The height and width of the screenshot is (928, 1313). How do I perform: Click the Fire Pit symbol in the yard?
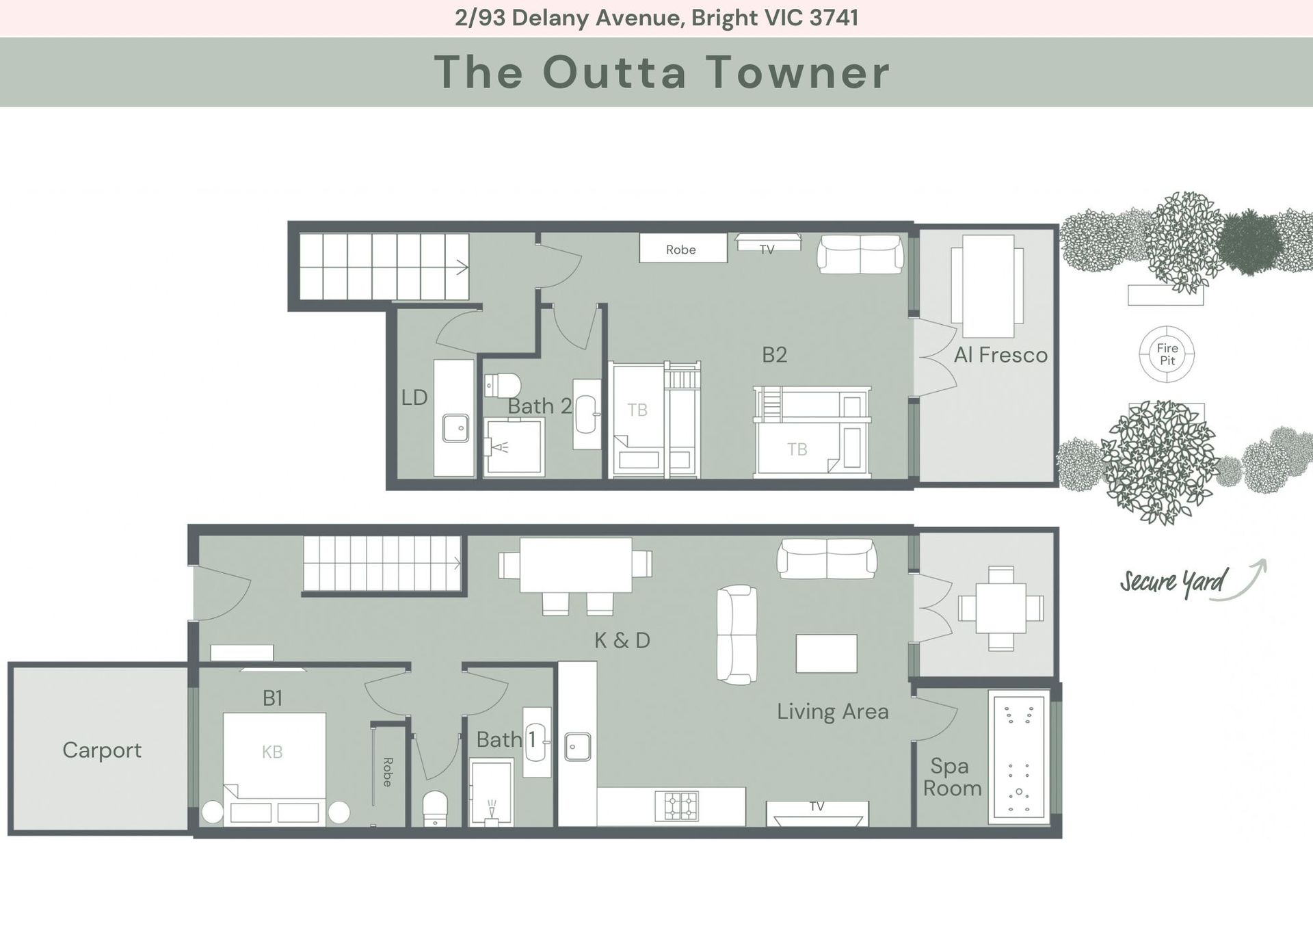coord(1167,354)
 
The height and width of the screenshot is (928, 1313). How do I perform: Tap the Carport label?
coord(102,750)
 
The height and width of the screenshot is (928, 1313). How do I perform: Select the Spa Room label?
coord(952,778)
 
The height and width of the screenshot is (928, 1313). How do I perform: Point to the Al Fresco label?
coord(1000,355)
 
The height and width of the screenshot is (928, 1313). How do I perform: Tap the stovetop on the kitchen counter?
coord(676,806)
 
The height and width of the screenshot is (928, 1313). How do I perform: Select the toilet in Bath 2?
coord(503,385)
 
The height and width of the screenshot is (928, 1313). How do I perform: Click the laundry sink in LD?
coord(455,428)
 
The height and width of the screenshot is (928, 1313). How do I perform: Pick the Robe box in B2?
coord(683,248)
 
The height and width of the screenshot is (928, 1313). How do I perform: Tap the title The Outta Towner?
coord(661,72)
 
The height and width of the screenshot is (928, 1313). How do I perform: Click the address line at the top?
coord(656,18)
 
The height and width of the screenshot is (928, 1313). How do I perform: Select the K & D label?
coord(622,640)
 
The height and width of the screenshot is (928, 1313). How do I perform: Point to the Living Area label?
coord(833,711)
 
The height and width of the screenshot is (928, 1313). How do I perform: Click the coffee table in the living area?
coord(826,654)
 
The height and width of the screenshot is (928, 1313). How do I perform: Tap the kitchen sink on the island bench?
coord(578,747)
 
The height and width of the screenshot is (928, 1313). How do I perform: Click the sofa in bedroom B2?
coord(860,254)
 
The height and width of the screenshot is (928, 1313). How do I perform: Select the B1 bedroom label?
coord(272,698)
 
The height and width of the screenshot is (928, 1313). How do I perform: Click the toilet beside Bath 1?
coord(435,808)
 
